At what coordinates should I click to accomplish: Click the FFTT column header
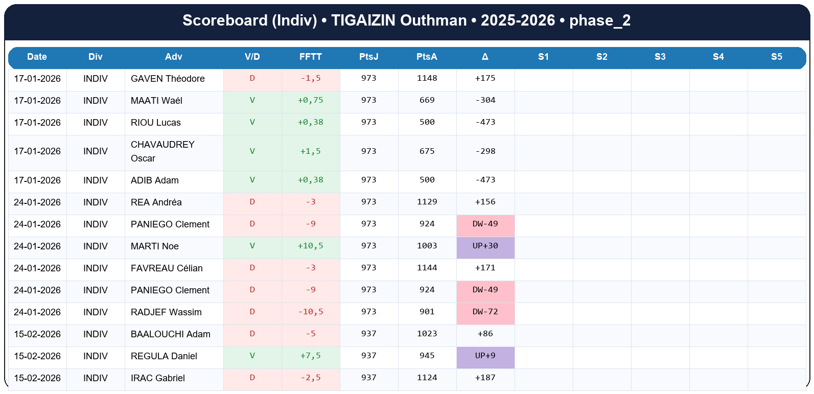point(310,57)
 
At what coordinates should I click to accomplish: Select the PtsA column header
point(427,57)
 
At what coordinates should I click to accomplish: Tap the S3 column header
point(660,57)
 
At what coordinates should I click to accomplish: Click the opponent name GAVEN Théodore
point(168,79)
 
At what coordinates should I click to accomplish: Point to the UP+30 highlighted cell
point(485,246)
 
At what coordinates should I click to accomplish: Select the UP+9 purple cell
point(485,356)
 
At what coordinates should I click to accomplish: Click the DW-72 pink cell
point(485,312)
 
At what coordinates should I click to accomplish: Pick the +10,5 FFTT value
point(310,246)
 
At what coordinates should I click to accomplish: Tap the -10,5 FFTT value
point(310,312)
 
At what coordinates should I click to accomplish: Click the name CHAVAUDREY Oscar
point(162,151)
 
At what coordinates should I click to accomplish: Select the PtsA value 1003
point(427,246)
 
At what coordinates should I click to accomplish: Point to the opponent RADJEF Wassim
point(166,312)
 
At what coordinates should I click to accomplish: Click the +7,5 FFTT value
point(310,356)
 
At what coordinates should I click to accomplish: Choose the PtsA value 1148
point(427,78)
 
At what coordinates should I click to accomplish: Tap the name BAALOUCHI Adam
point(170,334)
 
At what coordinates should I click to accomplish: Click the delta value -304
point(485,100)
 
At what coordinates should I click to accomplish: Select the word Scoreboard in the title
point(225,20)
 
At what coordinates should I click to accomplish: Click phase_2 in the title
point(599,20)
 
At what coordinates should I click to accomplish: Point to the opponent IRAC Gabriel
point(157,378)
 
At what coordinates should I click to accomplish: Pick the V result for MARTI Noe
point(252,246)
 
